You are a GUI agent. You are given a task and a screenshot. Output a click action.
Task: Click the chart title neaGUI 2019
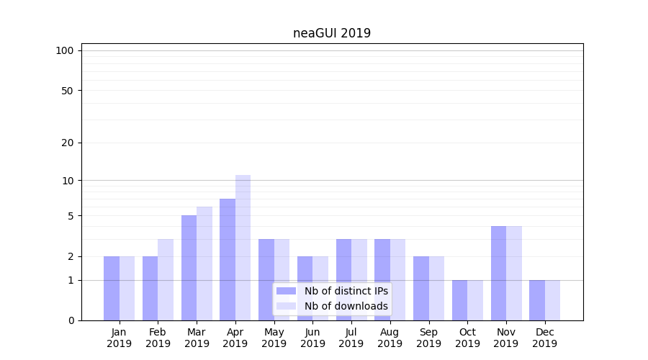pyautogui.click(x=332, y=33)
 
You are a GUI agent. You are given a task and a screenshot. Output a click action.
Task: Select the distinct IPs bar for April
pyautogui.click(x=228, y=259)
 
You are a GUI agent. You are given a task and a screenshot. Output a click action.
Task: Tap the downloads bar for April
pyautogui.click(x=243, y=248)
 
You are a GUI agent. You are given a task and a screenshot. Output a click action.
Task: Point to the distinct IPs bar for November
pyautogui.click(x=498, y=273)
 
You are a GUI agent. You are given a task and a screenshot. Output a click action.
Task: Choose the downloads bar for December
pyautogui.click(x=552, y=300)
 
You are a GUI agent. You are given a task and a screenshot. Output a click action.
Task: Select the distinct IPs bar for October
pyautogui.click(x=459, y=300)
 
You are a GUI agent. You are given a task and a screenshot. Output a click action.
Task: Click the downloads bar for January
pyautogui.click(x=127, y=288)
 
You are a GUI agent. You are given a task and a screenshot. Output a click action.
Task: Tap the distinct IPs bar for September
pyautogui.click(x=421, y=288)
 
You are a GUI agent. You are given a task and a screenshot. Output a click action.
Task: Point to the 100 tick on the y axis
pyautogui.click(x=65, y=50)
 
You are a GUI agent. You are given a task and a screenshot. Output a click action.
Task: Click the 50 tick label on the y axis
pyautogui.click(x=68, y=91)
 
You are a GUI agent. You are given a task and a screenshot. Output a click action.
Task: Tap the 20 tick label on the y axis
pyautogui.click(x=68, y=143)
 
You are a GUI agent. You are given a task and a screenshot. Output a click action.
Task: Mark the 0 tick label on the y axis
pyautogui.click(x=71, y=320)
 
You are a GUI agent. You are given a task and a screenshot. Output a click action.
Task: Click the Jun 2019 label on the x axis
pyautogui.click(x=312, y=338)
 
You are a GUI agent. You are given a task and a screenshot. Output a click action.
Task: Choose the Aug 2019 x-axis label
pyautogui.click(x=390, y=338)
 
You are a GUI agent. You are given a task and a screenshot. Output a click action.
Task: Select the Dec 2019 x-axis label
pyautogui.click(x=544, y=338)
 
